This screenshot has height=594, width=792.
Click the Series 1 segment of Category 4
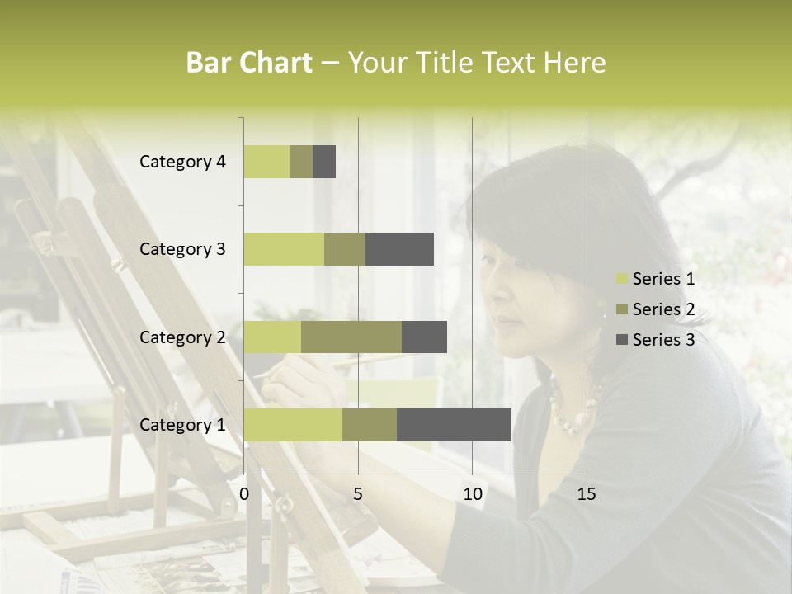tap(266, 162)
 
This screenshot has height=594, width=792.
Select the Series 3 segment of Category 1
tap(454, 425)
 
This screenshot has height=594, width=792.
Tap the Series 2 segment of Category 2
tap(351, 337)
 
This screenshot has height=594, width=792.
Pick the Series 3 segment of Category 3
tap(399, 249)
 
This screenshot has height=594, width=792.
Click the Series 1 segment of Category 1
tap(293, 425)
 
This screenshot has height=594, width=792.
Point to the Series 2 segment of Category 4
tap(301, 162)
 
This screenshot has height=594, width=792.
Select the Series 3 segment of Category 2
tap(424, 337)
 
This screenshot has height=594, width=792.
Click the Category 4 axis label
tap(182, 162)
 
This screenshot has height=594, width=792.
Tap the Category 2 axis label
tap(182, 337)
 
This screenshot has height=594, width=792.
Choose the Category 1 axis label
tap(182, 425)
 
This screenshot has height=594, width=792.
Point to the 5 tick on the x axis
tap(358, 494)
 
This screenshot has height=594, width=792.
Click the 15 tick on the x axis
tap(586, 494)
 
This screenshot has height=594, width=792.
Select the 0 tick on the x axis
tap(244, 494)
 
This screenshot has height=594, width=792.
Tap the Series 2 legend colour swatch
tap(621, 310)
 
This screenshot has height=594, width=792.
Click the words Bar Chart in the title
tap(249, 63)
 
